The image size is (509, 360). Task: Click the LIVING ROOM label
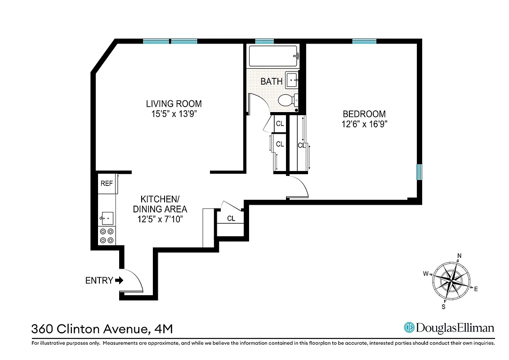coord(174,104)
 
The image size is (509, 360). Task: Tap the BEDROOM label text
coord(364,114)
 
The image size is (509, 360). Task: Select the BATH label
coord(272,81)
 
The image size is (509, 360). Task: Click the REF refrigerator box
coord(107,184)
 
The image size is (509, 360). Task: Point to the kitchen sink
coord(107,218)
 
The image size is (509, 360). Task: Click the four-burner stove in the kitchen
coord(107,236)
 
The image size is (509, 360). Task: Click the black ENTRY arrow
coord(119,280)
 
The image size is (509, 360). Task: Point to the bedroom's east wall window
coord(419,172)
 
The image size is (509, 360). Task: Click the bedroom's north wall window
coord(364,41)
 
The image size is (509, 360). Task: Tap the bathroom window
coord(264,41)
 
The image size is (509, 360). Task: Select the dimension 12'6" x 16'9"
coord(364,124)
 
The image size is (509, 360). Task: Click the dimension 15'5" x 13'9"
coord(174,114)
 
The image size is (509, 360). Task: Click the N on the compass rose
coord(459,256)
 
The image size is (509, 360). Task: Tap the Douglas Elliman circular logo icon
coord(409,328)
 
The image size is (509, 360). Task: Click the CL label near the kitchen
coord(231,219)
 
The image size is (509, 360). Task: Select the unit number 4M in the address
coord(162,329)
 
